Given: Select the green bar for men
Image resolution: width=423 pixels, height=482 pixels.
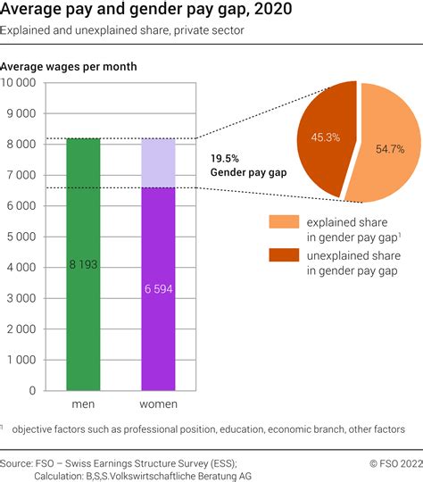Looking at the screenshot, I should click(x=84, y=214).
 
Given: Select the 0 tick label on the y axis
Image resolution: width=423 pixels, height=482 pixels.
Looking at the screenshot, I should click(x=32, y=390).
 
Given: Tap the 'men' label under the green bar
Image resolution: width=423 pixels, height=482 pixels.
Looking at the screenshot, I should click(x=83, y=404).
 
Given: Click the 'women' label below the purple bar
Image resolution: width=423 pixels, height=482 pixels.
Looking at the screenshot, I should click(x=158, y=404).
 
